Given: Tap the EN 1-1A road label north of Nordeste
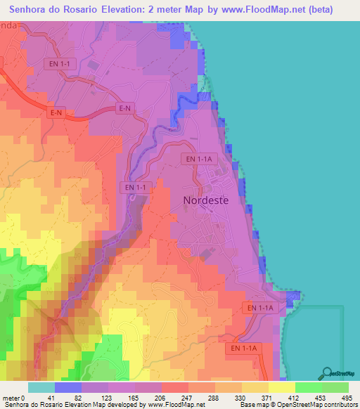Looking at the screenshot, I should point(200,160).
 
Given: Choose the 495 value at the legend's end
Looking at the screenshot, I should point(347,397).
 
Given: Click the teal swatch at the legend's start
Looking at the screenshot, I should point(41,387).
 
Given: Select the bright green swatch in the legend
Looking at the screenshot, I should point(309,387).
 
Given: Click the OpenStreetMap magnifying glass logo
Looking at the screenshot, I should point(328,372).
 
